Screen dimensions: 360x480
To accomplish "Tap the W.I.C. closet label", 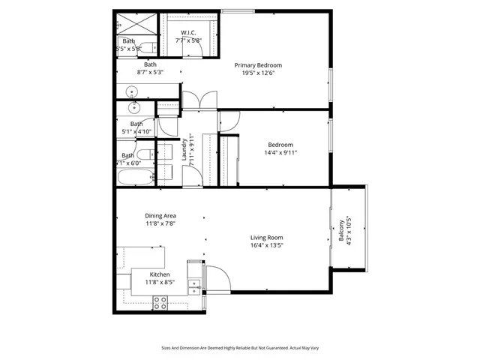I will click(x=187, y=31).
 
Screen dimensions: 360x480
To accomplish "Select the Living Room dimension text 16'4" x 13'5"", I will click(x=266, y=245).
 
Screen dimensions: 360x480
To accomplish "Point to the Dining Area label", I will click(x=160, y=215).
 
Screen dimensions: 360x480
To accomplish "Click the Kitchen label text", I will click(x=159, y=274).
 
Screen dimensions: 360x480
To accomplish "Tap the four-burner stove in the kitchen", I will click(x=160, y=302).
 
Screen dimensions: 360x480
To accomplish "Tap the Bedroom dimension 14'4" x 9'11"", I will click(x=281, y=153).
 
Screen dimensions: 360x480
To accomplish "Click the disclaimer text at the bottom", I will click(x=239, y=347).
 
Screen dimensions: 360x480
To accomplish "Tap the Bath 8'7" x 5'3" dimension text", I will click(x=150, y=73).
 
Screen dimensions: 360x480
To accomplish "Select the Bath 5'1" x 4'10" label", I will click(x=136, y=127).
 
